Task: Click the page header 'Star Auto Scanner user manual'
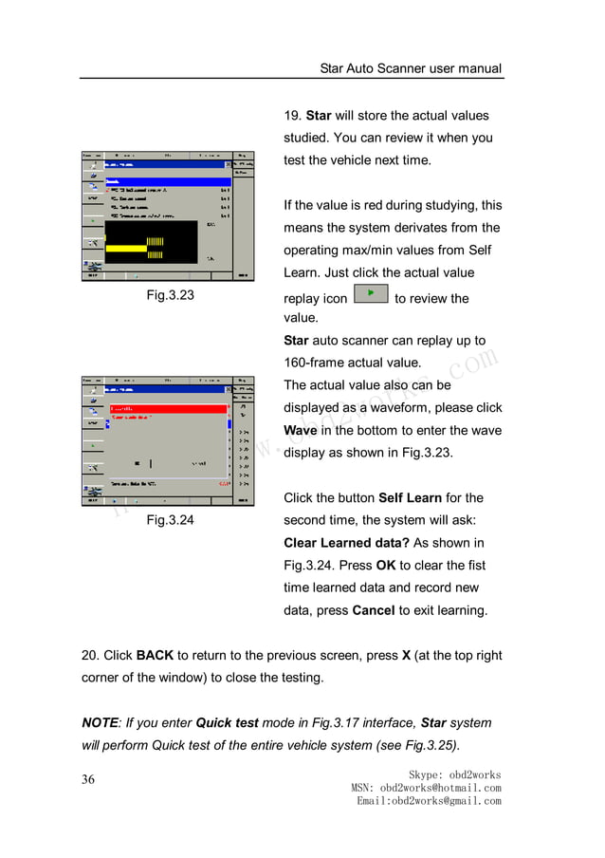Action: [411, 68]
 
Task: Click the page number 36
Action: [89, 780]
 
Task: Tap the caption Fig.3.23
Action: [170, 295]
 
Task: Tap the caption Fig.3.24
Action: [170, 519]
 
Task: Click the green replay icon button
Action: [370, 294]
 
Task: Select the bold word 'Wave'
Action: [301, 430]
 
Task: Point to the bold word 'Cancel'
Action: [373, 610]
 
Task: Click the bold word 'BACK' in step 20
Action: [155, 656]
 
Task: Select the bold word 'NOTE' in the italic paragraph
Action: [101, 722]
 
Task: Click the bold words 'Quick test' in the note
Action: [227, 722]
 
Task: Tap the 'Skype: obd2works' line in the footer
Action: [454, 774]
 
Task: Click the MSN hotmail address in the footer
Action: [426, 788]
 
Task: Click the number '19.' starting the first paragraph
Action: [293, 116]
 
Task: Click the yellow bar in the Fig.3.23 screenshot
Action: [126, 248]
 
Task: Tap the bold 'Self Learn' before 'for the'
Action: [410, 497]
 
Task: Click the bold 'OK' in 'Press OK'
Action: [385, 565]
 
